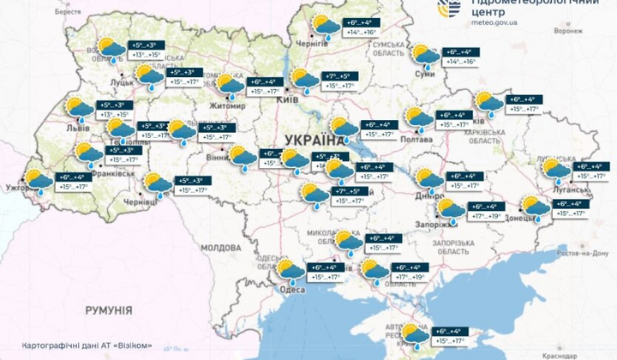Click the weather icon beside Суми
point(426,57)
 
